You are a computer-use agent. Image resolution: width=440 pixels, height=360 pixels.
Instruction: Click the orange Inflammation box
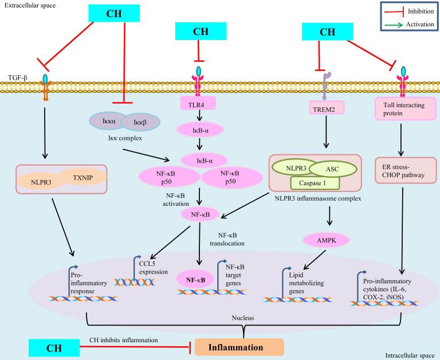click(235, 347)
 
